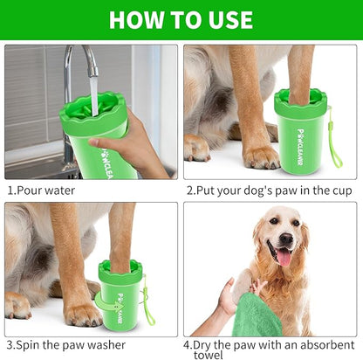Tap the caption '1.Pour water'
click(x=41, y=190)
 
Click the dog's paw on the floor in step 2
click(x=260, y=157)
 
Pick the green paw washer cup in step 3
click(x=119, y=297)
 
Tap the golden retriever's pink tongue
click(x=284, y=256)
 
